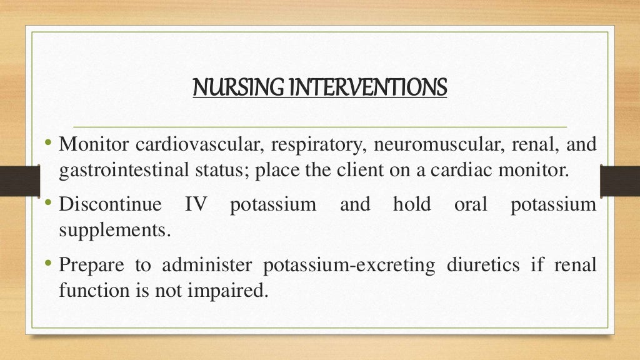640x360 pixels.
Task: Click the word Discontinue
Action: [x=110, y=205]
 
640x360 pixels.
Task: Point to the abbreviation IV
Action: [x=196, y=205]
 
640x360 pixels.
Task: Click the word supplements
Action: [x=114, y=230]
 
